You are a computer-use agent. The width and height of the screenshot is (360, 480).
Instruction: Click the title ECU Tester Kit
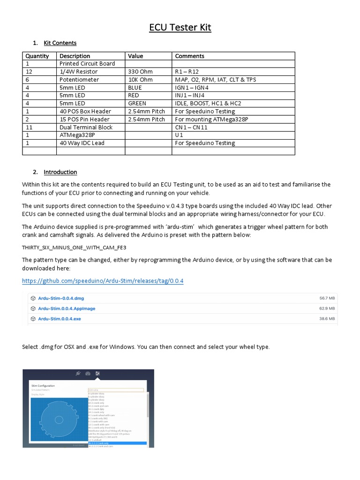[x=180, y=28]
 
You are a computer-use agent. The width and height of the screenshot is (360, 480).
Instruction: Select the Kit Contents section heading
[x=60, y=43]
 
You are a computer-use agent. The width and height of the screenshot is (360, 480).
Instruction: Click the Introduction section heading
[x=60, y=172]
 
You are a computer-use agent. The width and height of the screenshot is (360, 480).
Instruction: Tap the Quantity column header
[x=37, y=56]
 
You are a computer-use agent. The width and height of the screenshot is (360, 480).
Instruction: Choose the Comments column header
[x=189, y=56]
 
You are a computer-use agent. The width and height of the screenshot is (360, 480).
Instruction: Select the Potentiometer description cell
[x=79, y=80]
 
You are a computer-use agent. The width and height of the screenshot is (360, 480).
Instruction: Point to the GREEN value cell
[x=137, y=103]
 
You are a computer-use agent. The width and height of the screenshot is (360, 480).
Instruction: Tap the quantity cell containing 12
[x=29, y=72]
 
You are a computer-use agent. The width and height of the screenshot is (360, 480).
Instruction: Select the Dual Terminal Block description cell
[x=86, y=127]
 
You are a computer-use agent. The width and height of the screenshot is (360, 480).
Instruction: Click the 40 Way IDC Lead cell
[x=82, y=143]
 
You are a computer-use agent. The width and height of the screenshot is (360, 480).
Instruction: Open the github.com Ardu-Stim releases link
[x=103, y=281]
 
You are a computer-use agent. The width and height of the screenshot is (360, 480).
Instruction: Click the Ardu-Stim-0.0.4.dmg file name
[x=61, y=298]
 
